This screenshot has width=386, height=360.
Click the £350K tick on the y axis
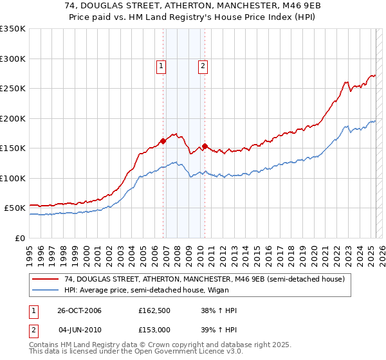[12, 29]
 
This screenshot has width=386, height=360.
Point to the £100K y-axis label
[12, 178]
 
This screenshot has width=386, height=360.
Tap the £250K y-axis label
[12, 89]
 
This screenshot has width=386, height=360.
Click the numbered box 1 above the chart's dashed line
[160, 65]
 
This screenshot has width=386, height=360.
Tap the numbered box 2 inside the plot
[203, 65]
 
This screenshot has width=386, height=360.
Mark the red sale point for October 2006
[163, 141]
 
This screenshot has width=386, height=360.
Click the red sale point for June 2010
[205, 147]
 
